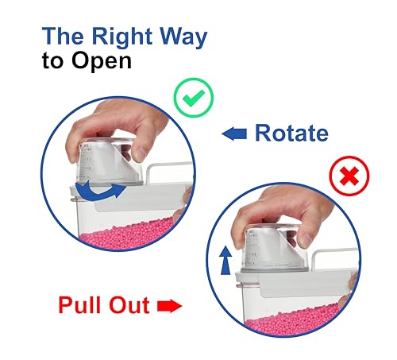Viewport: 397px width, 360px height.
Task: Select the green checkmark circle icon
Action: pyautogui.click(x=193, y=99)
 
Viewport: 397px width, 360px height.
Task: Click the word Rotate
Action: pyautogui.click(x=291, y=133)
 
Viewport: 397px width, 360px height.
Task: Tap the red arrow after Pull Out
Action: pyautogui.click(x=170, y=305)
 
